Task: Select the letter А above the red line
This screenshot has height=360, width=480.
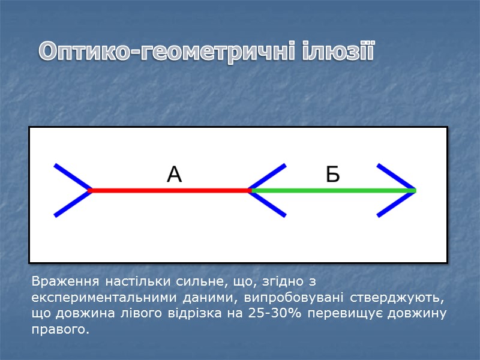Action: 174,175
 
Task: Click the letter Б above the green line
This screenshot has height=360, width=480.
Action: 333,175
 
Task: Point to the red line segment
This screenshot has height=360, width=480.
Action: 170,190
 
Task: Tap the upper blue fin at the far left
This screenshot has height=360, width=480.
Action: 71,177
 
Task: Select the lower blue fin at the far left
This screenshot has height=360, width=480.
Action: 71,203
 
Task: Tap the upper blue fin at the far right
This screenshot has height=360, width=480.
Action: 395,177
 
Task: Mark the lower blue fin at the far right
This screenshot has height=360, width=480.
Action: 395,203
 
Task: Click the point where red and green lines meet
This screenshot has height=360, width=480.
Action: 251,190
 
